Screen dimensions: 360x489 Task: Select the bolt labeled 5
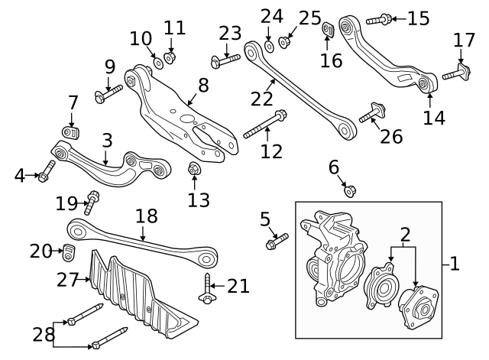(x=276, y=242)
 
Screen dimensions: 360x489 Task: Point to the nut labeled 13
(x=194, y=169)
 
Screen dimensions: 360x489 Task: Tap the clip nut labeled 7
(x=70, y=133)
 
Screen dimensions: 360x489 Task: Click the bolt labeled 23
(x=219, y=61)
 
